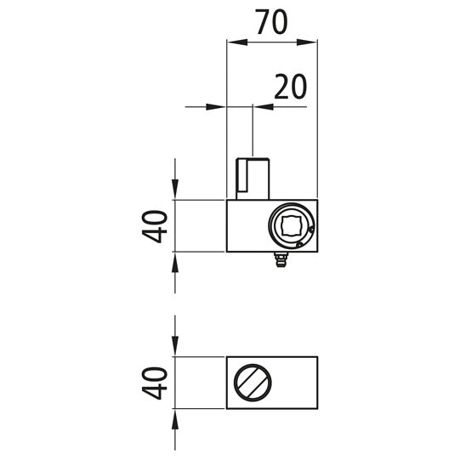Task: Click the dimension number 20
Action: coord(289,88)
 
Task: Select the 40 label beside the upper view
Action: coord(155,225)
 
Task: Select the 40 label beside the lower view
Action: coord(155,382)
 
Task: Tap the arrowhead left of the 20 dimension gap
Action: coord(219,107)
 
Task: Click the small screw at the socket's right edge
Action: coord(312,230)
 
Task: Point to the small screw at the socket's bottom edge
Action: coord(298,243)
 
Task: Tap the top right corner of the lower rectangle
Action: coord(317,357)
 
